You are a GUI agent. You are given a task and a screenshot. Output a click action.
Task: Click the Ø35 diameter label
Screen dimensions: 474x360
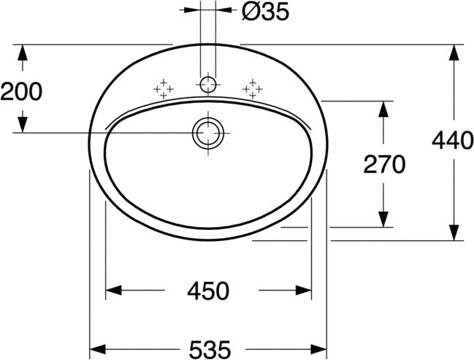[x=265, y=12]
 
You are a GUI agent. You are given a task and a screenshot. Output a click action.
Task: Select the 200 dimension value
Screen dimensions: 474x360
[x=21, y=91]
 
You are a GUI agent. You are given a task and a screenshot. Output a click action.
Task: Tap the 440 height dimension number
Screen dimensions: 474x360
[x=453, y=140]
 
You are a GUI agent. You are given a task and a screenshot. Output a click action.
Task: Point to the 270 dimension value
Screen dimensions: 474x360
[x=384, y=164]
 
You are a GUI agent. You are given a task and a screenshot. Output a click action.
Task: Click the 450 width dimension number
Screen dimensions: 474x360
[x=208, y=291]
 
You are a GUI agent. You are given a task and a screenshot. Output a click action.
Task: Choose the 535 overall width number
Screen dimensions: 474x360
[x=210, y=350]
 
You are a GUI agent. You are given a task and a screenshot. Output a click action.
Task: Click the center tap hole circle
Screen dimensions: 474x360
[x=208, y=85]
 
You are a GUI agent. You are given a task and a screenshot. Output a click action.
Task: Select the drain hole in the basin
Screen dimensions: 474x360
[x=208, y=133]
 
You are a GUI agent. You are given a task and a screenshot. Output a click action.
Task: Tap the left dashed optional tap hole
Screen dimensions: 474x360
[x=164, y=89]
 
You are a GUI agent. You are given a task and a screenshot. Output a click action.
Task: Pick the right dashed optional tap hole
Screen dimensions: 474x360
[x=253, y=89]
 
